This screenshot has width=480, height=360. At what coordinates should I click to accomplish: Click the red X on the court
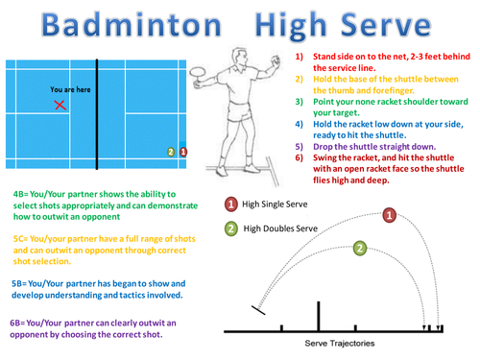(x=60, y=105)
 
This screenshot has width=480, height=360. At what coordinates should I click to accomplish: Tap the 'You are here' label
(x=70, y=89)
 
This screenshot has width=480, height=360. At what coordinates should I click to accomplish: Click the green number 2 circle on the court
(x=171, y=152)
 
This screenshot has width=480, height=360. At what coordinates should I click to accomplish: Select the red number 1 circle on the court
(x=183, y=152)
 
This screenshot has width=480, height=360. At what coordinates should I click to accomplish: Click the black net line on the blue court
(x=97, y=114)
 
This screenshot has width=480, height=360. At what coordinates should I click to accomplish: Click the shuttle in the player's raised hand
(x=276, y=60)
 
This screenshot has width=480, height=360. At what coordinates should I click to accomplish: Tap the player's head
(x=239, y=58)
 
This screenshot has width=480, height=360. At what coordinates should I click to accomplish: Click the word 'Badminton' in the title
(x=132, y=25)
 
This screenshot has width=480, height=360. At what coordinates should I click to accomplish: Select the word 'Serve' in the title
(x=386, y=25)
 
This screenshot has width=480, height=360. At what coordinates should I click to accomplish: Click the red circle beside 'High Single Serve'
(x=231, y=204)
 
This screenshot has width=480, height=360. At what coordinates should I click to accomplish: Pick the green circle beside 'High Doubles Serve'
(x=231, y=228)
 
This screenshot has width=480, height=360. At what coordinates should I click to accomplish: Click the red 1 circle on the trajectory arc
(x=389, y=215)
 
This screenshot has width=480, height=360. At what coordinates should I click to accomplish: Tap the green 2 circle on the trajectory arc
(x=360, y=248)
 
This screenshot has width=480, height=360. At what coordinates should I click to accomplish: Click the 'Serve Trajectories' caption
(x=340, y=344)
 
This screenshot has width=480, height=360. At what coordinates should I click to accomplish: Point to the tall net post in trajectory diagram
(x=319, y=316)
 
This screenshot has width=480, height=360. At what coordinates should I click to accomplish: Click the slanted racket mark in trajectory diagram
(x=258, y=310)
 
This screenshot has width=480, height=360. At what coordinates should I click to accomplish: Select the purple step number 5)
(x=299, y=147)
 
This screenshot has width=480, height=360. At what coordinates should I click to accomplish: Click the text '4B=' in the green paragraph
(x=21, y=194)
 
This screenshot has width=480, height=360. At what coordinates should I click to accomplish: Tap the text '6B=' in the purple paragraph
(x=17, y=323)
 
